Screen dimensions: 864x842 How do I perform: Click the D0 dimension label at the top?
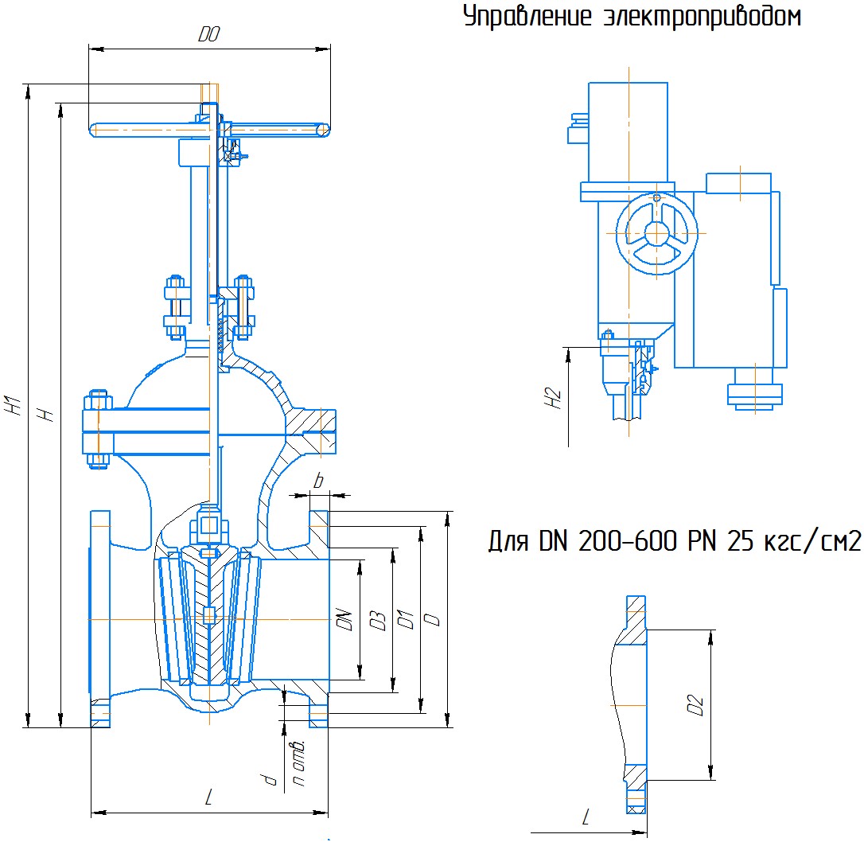[208, 35]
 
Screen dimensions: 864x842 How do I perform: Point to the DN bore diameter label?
[344, 620]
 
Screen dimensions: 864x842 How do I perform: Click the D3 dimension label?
[377, 621]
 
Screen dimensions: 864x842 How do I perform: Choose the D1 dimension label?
[406, 620]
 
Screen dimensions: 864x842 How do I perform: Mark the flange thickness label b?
[318, 481]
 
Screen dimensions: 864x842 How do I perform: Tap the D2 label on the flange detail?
[695, 705]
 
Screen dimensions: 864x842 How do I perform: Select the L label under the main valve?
[208, 797]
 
